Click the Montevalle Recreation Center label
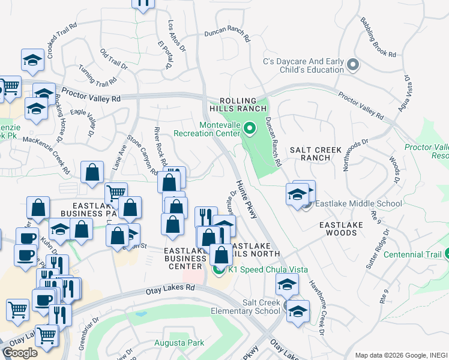tap(206, 129)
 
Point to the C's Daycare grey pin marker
tap(352, 65)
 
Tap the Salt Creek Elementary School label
tap(246, 307)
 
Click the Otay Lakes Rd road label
tap(170, 289)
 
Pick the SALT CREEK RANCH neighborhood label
tap(315, 154)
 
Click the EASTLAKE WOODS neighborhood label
tap(341, 229)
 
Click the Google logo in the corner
tap(20, 353)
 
